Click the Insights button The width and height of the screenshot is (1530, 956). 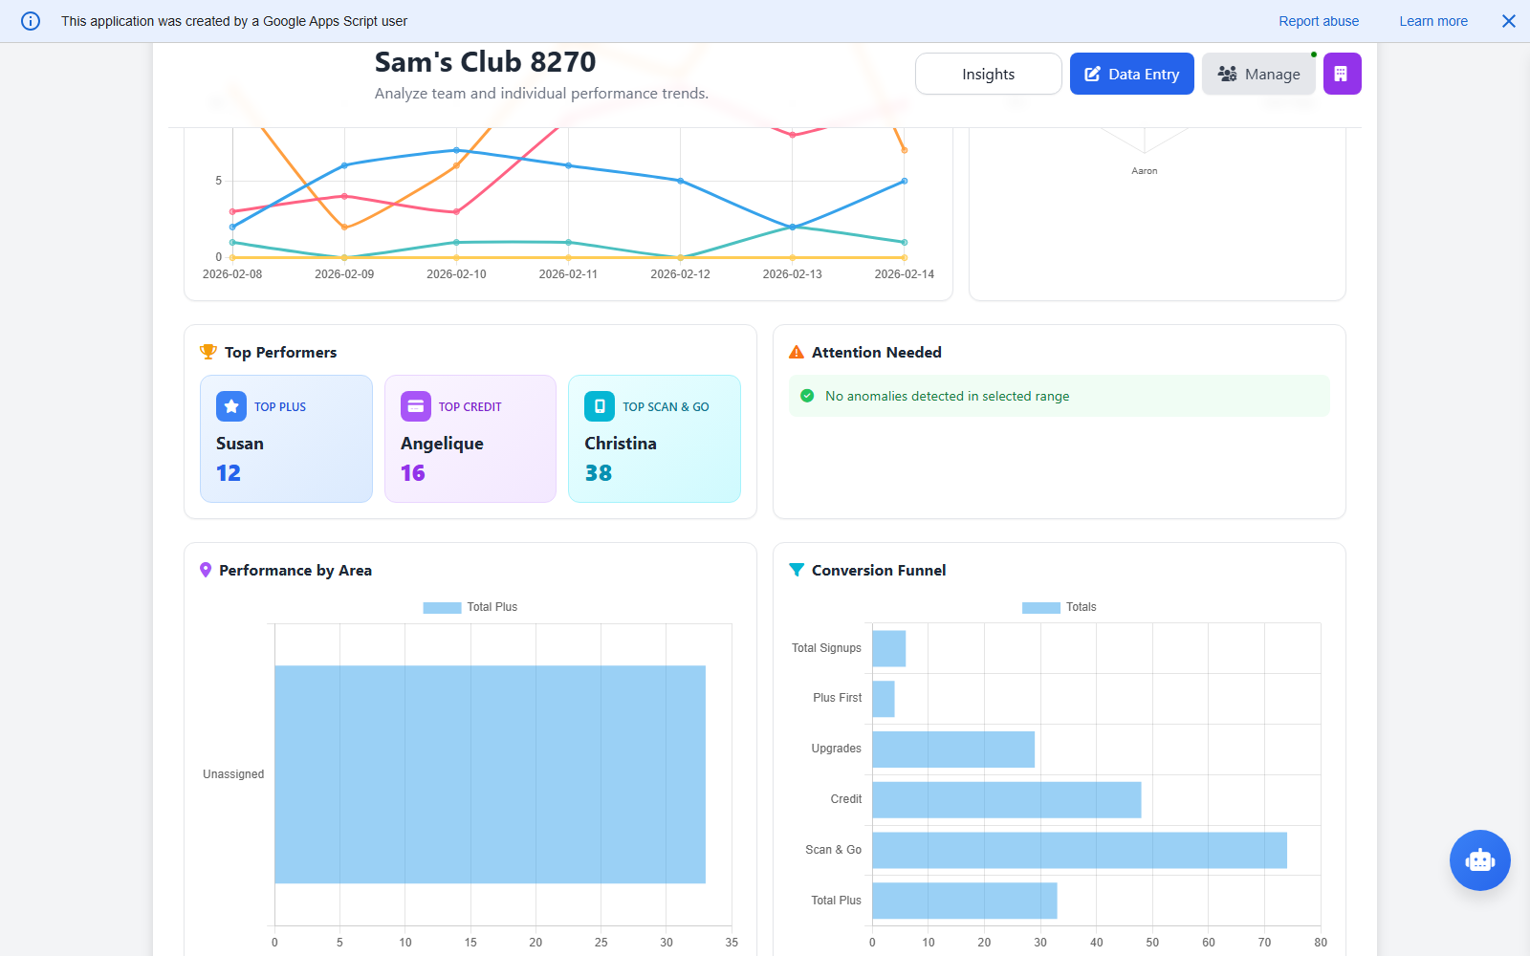point(988,74)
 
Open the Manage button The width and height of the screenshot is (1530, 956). point(1258,74)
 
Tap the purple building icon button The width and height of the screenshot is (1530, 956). point(1342,74)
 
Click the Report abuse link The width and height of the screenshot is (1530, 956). point(1318,21)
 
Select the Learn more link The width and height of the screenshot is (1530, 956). point(1432,21)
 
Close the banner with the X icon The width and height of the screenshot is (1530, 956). point(1508,21)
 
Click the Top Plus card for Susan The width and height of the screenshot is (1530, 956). point(286,439)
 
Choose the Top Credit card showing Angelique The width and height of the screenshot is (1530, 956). point(470,439)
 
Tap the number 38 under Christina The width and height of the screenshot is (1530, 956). point(599,473)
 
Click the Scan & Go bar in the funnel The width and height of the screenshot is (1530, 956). point(1079,850)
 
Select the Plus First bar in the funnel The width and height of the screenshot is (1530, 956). point(884,699)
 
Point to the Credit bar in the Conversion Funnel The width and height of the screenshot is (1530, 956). point(1006,799)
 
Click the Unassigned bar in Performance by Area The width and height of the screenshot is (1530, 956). point(490,774)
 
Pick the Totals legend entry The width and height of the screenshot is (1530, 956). point(1060,607)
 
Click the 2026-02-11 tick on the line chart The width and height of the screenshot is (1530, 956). point(568,274)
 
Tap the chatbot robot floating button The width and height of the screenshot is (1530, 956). point(1479,860)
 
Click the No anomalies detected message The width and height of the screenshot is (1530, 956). point(947,396)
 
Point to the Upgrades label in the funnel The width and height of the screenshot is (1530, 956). point(836,749)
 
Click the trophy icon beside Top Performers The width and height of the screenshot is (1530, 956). point(208,352)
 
